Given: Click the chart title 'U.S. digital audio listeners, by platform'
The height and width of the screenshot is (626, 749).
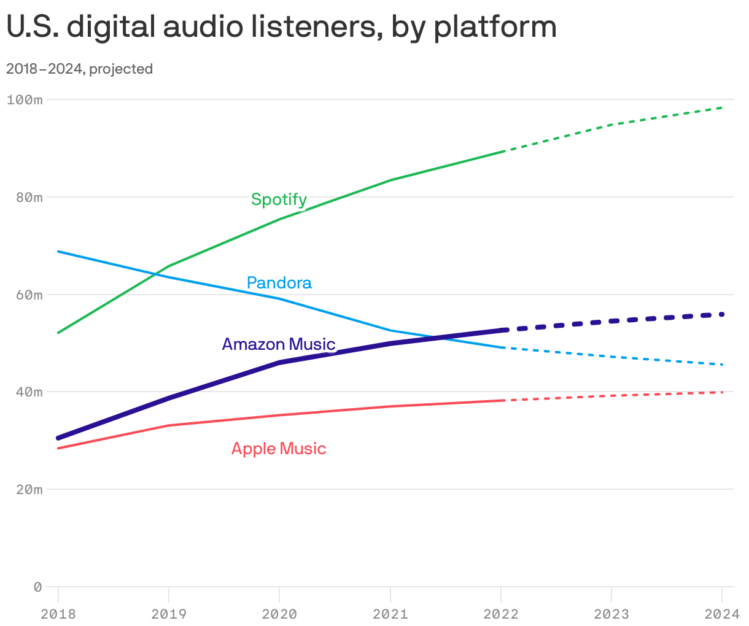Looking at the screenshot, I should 281,27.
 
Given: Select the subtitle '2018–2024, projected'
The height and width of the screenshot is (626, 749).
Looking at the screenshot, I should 79,69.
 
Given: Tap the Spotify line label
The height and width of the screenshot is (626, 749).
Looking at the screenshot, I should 279,199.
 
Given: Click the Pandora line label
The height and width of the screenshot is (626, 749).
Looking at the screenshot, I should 279,283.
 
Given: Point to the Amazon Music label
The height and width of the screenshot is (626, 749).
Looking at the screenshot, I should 278,344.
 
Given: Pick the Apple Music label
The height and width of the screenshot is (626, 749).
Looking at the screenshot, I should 279,449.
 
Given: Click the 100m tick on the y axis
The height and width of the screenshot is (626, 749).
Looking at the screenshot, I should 25,99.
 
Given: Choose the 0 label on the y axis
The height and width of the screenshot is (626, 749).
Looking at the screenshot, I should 37,587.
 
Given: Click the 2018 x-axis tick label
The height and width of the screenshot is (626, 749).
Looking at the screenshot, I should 58,614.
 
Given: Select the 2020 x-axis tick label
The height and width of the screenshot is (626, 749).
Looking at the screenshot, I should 279,614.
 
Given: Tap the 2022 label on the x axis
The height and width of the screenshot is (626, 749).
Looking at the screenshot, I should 501,614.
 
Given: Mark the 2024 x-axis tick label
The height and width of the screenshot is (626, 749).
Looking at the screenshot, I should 722,614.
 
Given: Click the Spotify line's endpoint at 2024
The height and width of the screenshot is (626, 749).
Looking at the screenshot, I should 722,107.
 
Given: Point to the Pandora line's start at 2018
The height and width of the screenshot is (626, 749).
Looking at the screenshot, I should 58,252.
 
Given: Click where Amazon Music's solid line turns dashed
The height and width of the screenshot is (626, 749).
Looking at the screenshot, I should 502,330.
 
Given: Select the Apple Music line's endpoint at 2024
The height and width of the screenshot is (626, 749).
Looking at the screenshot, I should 722,392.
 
